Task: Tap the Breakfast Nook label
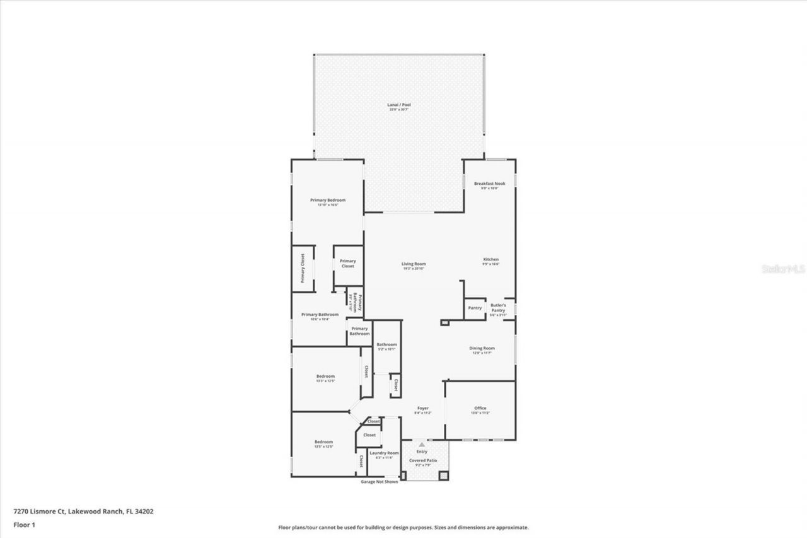[489, 184]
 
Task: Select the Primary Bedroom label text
[327, 201]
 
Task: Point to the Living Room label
[414, 264]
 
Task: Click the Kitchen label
[491, 259]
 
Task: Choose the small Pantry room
[475, 308]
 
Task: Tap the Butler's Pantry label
[498, 308]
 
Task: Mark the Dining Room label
[482, 348]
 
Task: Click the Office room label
[480, 408]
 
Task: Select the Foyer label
[422, 408]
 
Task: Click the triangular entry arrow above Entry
[422, 445]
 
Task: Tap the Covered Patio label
[422, 460]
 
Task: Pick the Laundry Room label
[383, 453]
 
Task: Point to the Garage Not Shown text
[379, 482]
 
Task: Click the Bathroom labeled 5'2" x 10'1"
[386, 344]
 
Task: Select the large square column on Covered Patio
[443, 475]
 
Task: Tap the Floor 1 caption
[25, 524]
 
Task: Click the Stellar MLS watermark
[783, 269]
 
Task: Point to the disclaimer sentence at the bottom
[403, 527]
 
